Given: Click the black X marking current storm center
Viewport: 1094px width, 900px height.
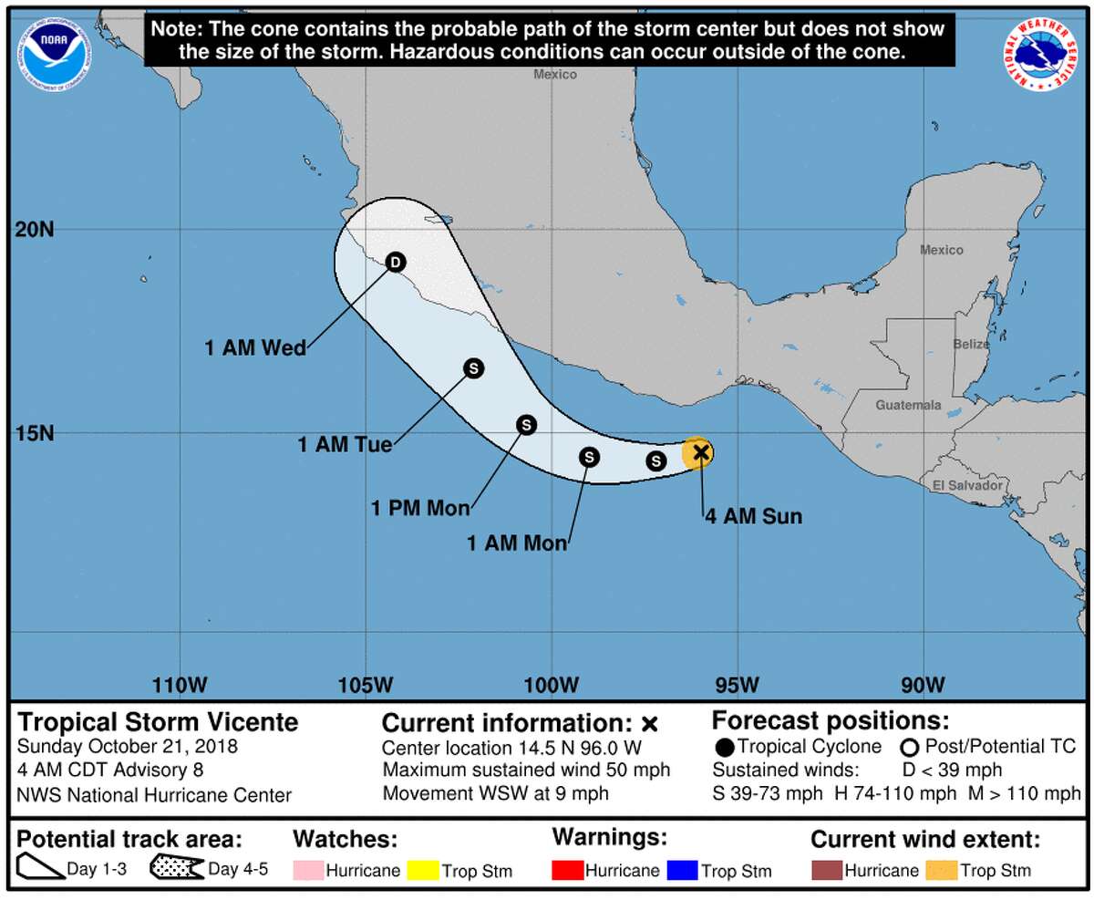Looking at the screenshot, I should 700,451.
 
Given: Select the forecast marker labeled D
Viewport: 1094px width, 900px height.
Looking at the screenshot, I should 395,263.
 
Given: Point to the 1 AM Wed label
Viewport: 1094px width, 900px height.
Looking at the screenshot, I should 255,347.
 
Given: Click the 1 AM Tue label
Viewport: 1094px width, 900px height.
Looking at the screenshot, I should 345,446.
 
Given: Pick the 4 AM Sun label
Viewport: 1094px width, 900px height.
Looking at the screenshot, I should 753,517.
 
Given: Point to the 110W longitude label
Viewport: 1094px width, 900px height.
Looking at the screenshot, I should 180,685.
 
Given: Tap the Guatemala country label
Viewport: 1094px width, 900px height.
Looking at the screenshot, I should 908,405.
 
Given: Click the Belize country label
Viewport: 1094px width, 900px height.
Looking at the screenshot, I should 970,344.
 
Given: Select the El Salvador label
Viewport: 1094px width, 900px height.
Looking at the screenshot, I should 967,486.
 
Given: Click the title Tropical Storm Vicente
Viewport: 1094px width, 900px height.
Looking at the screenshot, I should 159,722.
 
